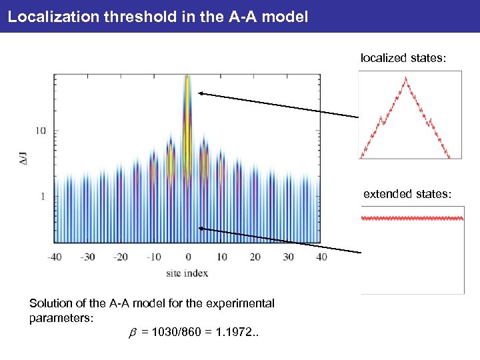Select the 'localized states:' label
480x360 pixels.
point(403,59)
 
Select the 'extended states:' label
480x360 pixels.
point(407,194)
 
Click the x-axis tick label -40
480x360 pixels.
point(55,257)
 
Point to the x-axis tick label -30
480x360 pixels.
point(88,257)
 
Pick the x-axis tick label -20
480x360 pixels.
point(121,257)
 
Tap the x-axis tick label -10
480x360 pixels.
point(153,257)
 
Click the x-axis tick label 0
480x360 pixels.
point(188,257)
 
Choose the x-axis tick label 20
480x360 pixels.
point(255,257)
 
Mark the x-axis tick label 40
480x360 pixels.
point(321,257)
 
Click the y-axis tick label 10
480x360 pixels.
point(41,131)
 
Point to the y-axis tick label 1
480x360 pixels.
point(43,197)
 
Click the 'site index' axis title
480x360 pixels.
point(187,272)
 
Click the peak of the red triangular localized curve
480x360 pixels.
point(405,77)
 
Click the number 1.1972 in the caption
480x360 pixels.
point(237,331)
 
